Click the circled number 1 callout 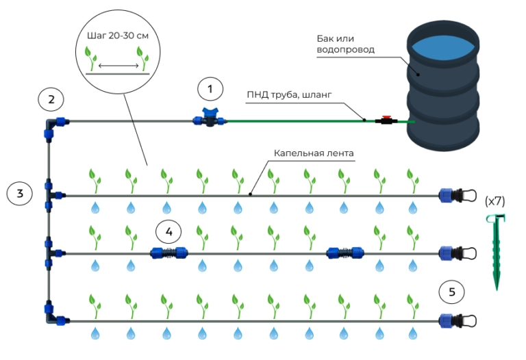coord(210,89)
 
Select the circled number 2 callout coord(51,99)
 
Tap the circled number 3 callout coord(20,194)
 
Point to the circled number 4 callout coord(168,231)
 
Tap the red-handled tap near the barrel coord(386,120)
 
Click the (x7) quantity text coord(494,202)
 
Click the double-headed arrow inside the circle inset coord(116,66)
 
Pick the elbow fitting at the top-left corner coord(53,123)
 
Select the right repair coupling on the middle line coord(345,253)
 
